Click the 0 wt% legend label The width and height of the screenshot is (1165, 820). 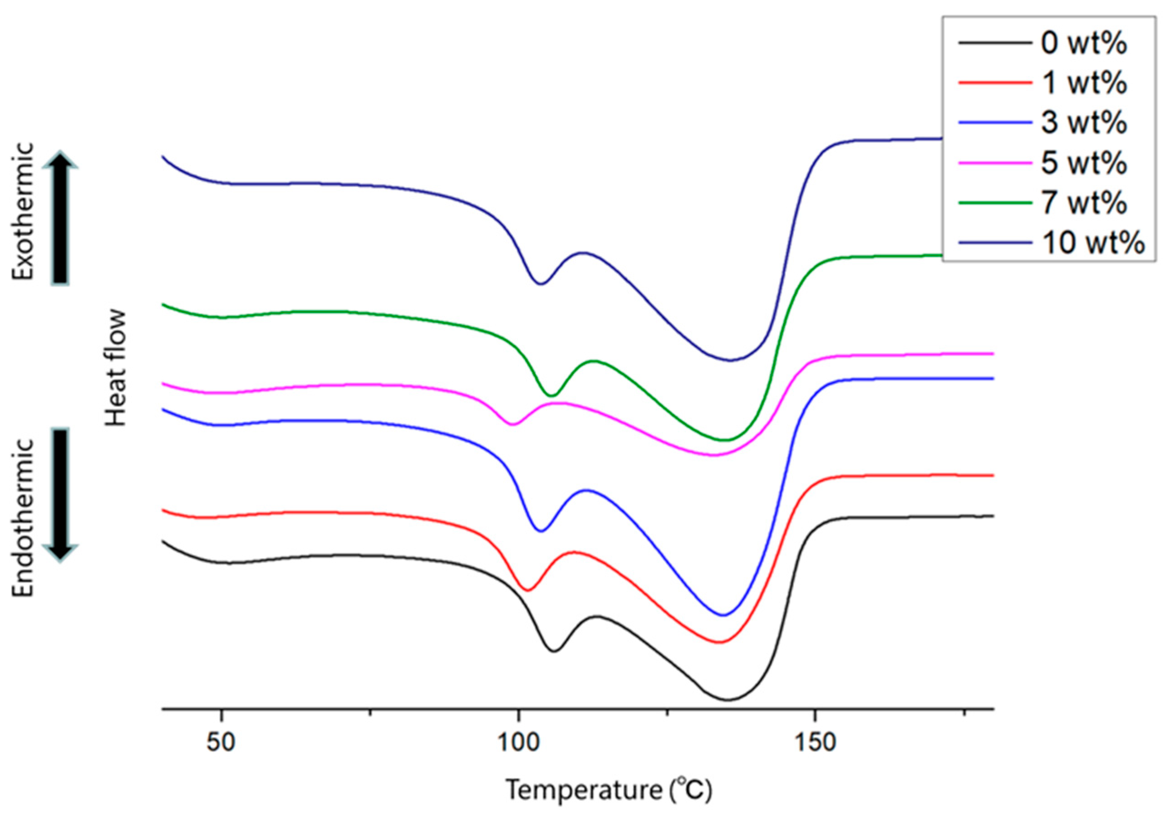pyautogui.click(x=1084, y=43)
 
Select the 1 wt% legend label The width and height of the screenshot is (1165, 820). pyautogui.click(x=1084, y=83)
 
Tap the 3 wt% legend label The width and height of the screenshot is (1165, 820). pyautogui.click(x=1084, y=123)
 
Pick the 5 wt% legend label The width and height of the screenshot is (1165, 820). pyautogui.click(x=1084, y=163)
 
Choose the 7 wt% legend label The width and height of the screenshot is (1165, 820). pyautogui.click(x=1084, y=203)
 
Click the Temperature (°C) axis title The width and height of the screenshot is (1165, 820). pyautogui.click(x=610, y=790)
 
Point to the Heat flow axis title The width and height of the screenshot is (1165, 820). pyautogui.click(x=116, y=368)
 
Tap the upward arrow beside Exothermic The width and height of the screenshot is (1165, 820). pyautogui.click(x=60, y=218)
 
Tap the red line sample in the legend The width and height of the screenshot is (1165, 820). pyautogui.click(x=995, y=83)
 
